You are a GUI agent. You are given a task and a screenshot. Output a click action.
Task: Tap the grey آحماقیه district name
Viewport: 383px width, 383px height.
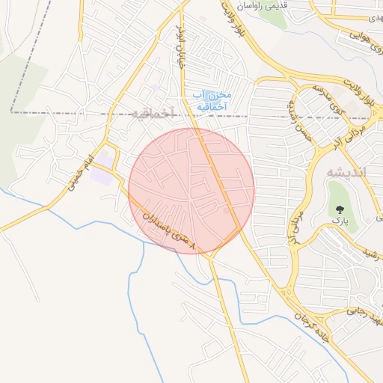click(152, 113)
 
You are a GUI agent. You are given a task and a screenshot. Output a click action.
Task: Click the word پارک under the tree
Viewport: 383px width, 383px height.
click(340, 223)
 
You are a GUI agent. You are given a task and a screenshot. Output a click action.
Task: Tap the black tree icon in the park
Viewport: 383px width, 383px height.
click(340, 208)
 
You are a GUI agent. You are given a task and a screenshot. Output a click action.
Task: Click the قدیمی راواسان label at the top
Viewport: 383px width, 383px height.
click(262, 5)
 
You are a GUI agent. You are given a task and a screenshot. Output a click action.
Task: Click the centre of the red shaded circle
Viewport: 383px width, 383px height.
click(191, 191)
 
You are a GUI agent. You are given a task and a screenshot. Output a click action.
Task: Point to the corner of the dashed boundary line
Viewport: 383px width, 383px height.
click(11, 111)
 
